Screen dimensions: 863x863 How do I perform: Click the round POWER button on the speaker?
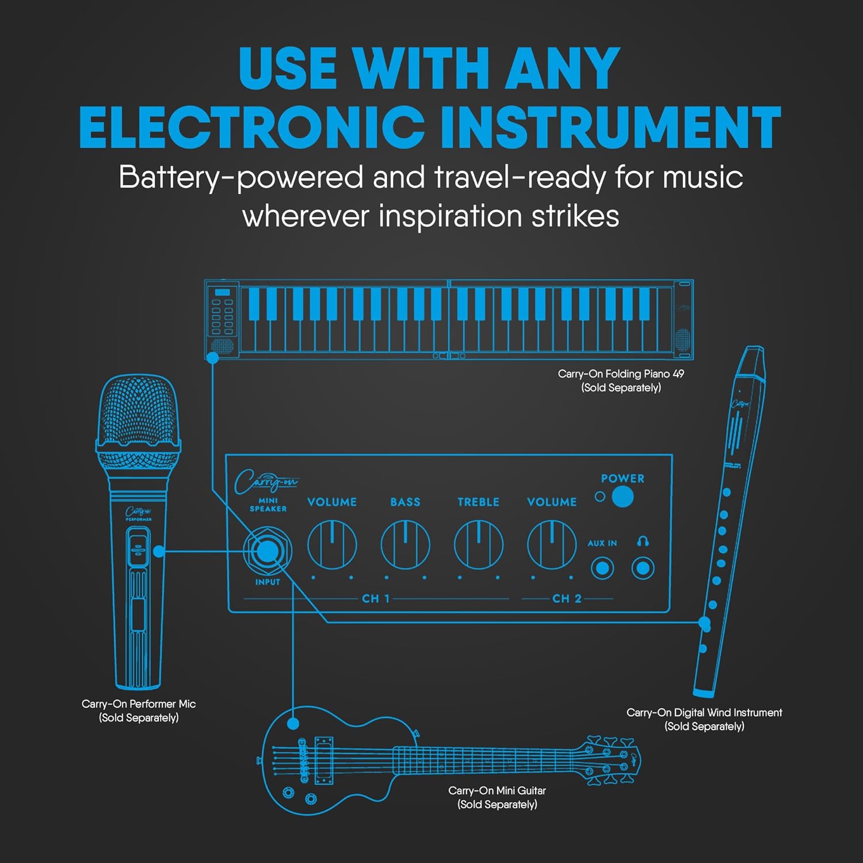click(623, 497)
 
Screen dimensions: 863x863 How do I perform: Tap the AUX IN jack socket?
click(602, 568)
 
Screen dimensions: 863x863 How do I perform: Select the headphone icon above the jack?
click(643, 541)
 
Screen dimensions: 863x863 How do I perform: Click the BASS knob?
click(405, 544)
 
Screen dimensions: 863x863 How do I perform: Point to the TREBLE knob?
click(479, 544)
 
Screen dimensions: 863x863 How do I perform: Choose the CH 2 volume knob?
click(552, 544)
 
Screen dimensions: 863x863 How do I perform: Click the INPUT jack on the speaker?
click(267, 551)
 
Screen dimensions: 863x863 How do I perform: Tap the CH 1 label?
click(375, 598)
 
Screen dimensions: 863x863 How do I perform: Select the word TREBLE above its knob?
click(478, 502)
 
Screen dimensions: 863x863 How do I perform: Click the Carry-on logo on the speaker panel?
click(266, 482)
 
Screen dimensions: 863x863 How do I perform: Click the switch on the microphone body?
click(138, 547)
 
